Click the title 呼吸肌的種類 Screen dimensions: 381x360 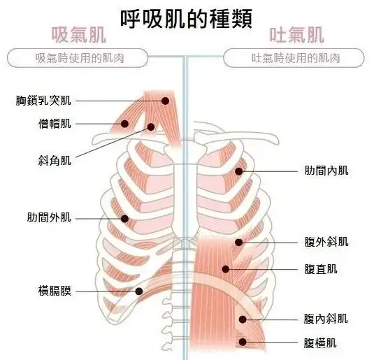click(x=187, y=19)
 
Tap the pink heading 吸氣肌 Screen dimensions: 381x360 click(x=79, y=35)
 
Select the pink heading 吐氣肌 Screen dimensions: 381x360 click(x=296, y=35)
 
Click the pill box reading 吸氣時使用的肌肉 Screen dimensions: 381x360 click(x=78, y=58)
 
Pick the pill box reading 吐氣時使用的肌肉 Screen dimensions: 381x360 click(x=294, y=58)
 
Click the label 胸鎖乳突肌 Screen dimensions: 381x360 click(x=43, y=101)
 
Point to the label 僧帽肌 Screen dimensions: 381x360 click(x=55, y=124)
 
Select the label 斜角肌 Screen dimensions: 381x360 click(x=55, y=161)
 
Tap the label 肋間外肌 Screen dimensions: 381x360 click(x=49, y=217)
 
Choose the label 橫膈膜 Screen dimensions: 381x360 click(x=55, y=291)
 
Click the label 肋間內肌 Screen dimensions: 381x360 click(x=326, y=171)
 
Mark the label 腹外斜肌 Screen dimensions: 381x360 click(x=326, y=242)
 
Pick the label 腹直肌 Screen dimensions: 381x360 click(x=321, y=269)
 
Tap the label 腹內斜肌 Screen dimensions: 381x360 click(x=326, y=319)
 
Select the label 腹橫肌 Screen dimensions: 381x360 click(x=320, y=343)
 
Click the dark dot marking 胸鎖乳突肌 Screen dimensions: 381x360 click(x=165, y=101)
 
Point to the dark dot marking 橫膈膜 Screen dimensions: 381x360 click(x=139, y=291)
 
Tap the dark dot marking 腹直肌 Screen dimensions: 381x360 click(x=226, y=269)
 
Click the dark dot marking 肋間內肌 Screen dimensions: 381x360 click(x=239, y=171)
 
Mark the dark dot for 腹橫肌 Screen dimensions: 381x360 click(x=243, y=343)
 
